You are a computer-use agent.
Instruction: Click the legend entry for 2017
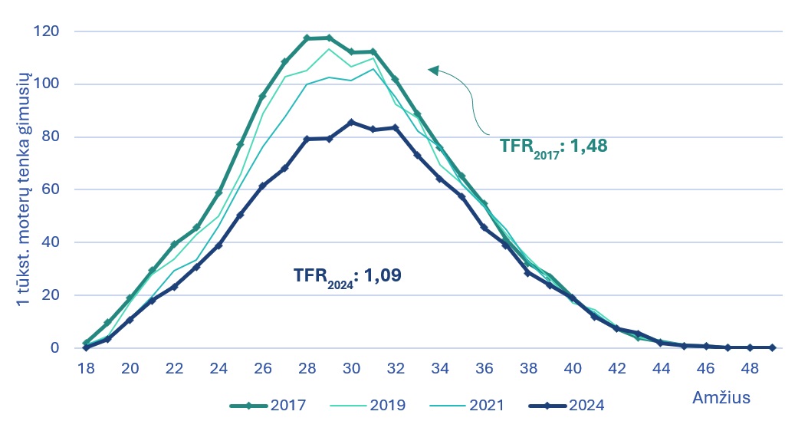click(x=268, y=405)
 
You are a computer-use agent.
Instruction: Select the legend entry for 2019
click(x=368, y=405)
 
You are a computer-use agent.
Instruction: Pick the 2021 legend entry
click(x=467, y=405)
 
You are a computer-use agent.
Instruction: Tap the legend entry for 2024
click(x=567, y=405)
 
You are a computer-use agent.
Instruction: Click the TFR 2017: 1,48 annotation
click(x=553, y=147)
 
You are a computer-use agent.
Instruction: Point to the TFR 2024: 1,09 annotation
click(x=347, y=276)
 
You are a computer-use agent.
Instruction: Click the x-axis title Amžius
click(x=721, y=397)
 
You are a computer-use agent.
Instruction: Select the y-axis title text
click(x=23, y=189)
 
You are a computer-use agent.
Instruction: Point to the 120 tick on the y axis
click(x=46, y=31)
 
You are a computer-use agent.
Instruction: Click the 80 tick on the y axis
click(x=51, y=137)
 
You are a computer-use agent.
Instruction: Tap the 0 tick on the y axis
click(x=54, y=347)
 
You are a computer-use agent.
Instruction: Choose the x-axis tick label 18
click(x=86, y=368)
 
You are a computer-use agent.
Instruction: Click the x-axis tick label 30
click(x=351, y=368)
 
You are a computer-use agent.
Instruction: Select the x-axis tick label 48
click(x=750, y=368)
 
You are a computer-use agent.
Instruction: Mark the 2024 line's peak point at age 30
click(x=351, y=122)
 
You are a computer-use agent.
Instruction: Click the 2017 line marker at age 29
click(x=330, y=38)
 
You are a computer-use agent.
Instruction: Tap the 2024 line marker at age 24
click(x=218, y=245)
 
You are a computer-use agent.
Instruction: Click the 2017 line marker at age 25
click(x=241, y=144)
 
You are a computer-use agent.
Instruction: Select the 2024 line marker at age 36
click(x=484, y=227)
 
